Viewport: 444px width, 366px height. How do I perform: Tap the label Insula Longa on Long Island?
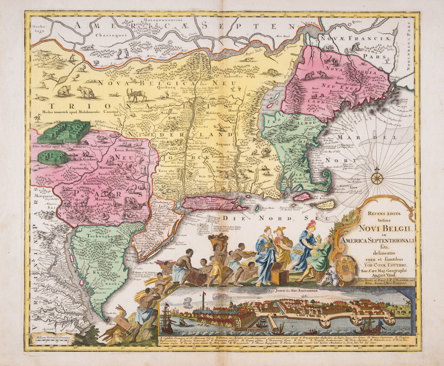[204, 199]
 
